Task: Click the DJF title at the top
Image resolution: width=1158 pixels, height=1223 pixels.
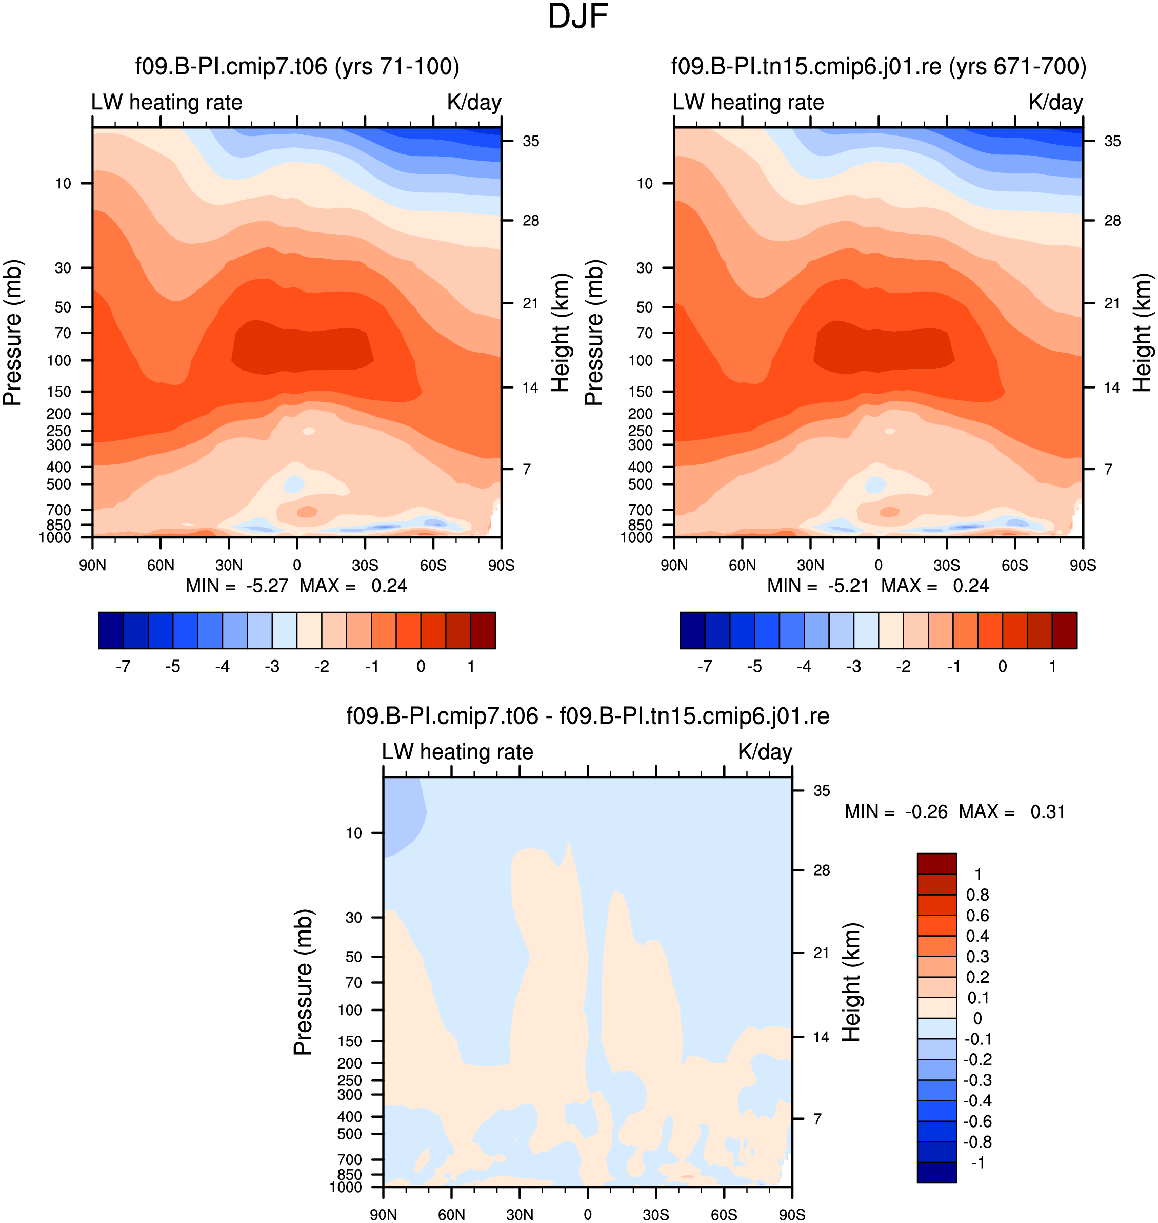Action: pos(578,16)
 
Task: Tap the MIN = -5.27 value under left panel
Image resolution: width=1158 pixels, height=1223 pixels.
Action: pos(237,586)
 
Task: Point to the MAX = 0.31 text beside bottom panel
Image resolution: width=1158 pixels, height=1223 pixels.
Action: pos(1012,811)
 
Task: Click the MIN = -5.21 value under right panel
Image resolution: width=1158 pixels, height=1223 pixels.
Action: pos(818,586)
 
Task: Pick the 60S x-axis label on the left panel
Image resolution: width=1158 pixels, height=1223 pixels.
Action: pos(433,565)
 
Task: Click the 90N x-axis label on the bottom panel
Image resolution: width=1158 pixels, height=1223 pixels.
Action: pos(383,1214)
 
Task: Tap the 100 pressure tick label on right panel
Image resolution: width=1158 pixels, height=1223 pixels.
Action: pos(640,360)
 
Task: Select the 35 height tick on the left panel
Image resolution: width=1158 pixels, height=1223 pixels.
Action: pos(531,142)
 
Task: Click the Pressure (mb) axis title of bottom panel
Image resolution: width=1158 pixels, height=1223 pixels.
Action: pos(303,982)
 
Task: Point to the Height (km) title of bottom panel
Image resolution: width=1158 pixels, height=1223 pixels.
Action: pos(851,982)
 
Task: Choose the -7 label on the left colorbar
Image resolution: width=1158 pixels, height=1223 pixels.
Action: pos(123,667)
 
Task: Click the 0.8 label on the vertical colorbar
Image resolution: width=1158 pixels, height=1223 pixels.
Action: pos(978,895)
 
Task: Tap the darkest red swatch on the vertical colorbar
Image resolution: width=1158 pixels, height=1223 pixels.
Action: pos(936,864)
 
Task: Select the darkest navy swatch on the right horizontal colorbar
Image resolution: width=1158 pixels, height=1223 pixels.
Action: pos(692,630)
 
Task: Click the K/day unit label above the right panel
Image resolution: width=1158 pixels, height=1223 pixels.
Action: pos(1055,102)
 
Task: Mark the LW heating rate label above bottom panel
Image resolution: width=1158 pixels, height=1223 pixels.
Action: pos(457,752)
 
